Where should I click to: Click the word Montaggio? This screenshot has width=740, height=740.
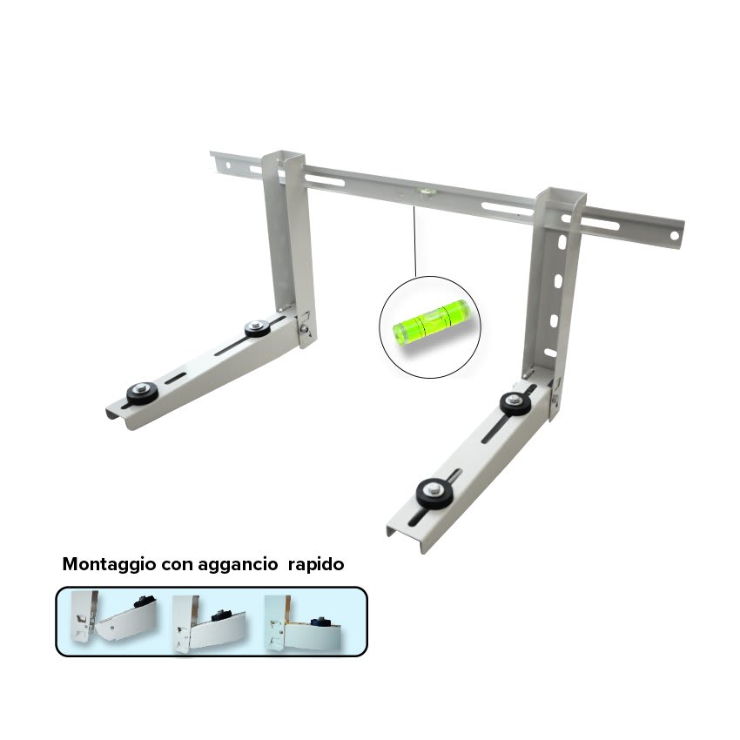pos(109,564)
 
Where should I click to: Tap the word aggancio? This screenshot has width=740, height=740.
pos(238,565)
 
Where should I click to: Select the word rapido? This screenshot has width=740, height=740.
pos(316,565)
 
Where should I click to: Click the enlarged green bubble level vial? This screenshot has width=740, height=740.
pos(431,322)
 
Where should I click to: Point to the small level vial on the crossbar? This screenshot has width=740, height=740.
pos(427,192)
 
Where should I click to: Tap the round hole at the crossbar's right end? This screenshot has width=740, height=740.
pos(674,236)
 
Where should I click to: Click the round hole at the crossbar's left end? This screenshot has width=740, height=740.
pos(228,165)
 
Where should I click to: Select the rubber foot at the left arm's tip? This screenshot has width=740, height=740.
pos(142,392)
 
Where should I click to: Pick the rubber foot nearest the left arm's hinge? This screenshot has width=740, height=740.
pos(257,327)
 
